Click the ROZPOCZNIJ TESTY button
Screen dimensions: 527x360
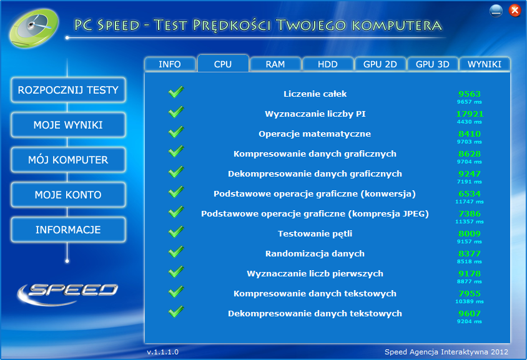tap(68, 90)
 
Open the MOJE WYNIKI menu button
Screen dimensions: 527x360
tap(68, 125)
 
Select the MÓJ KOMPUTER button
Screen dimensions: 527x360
tap(68, 160)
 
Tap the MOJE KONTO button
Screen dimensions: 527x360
tap(68, 195)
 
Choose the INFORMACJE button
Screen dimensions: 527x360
tap(68, 230)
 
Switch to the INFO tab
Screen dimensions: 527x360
tap(170, 64)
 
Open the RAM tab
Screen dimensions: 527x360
tap(275, 64)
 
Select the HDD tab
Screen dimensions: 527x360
tap(328, 64)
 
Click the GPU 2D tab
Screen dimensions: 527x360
tap(380, 64)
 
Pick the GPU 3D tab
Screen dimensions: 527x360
tap(433, 64)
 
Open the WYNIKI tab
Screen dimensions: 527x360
tap(485, 64)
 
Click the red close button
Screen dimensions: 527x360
tap(515, 11)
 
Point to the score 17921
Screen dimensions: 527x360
tap(470, 114)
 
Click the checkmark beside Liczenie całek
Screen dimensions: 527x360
tap(176, 92)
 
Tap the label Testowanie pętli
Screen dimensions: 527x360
tap(315, 234)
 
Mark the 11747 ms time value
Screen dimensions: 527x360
tap(469, 202)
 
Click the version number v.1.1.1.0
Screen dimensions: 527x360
tap(163, 352)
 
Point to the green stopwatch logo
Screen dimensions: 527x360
tap(34, 28)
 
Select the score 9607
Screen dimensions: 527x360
tap(470, 313)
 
